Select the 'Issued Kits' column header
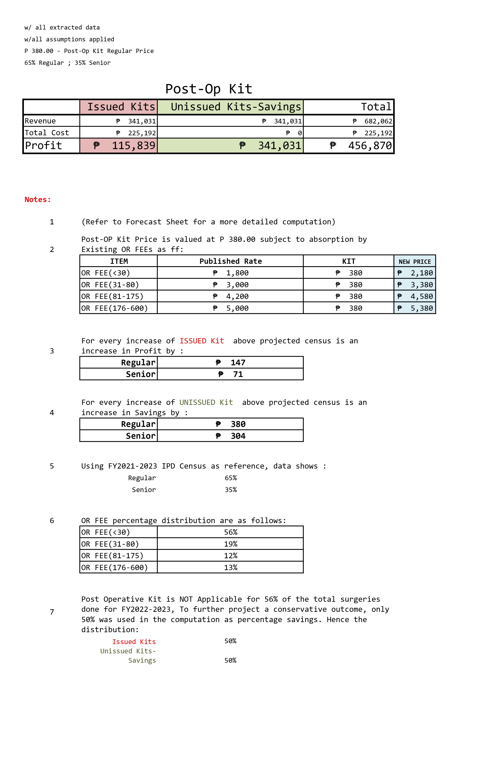(x=121, y=107)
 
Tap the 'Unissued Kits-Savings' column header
(x=235, y=107)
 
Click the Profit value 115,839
(x=133, y=146)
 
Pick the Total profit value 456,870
(x=370, y=146)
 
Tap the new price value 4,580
(x=421, y=296)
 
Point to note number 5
(x=52, y=466)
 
